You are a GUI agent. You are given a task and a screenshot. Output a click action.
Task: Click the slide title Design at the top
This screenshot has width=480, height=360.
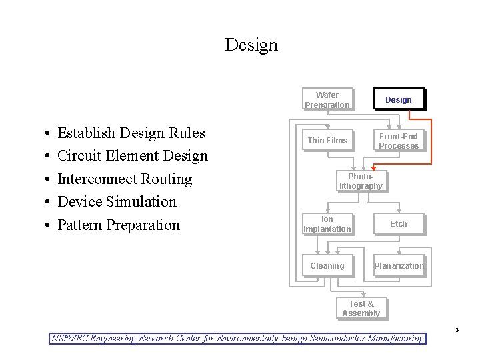[251, 45]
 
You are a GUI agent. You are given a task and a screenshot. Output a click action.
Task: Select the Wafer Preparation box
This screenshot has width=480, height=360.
[327, 100]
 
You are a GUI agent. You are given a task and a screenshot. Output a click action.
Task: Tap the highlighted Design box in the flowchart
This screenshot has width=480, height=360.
[399, 100]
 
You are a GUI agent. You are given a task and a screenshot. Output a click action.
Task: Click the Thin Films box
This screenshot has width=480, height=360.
[327, 141]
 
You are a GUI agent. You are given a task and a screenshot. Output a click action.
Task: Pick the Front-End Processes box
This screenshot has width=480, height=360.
[399, 141]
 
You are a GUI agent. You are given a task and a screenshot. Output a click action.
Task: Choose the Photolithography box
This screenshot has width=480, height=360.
[361, 181]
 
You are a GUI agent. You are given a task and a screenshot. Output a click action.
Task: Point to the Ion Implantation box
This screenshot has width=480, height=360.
[327, 224]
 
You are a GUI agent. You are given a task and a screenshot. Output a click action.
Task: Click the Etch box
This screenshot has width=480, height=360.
[399, 224]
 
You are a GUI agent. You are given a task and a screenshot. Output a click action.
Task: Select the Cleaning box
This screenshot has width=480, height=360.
[327, 266]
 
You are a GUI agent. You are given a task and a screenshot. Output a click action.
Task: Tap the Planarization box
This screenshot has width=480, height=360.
[399, 266]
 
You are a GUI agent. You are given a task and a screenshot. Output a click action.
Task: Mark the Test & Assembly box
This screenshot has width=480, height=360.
[361, 309]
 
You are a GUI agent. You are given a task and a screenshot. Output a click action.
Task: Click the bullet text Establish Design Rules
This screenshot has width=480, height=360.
[131, 133]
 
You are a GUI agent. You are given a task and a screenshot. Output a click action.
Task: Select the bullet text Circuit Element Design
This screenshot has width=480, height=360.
[133, 156]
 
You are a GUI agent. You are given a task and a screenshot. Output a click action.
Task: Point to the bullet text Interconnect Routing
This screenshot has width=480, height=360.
[125, 179]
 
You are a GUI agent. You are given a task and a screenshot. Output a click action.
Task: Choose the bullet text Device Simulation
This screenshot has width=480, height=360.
[117, 202]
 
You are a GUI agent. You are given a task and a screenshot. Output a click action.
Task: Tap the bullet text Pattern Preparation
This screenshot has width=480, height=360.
[119, 225]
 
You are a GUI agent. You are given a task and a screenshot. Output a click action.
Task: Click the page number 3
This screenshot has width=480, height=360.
[457, 330]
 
